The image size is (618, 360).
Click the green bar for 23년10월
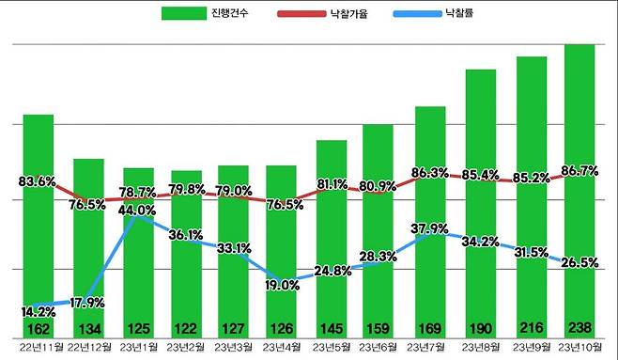click(x=579, y=188)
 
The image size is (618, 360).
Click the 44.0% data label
click(x=137, y=211)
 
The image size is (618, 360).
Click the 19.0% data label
click(x=281, y=286)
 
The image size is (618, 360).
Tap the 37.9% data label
click(x=430, y=227)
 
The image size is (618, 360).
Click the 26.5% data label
click(x=579, y=260)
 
